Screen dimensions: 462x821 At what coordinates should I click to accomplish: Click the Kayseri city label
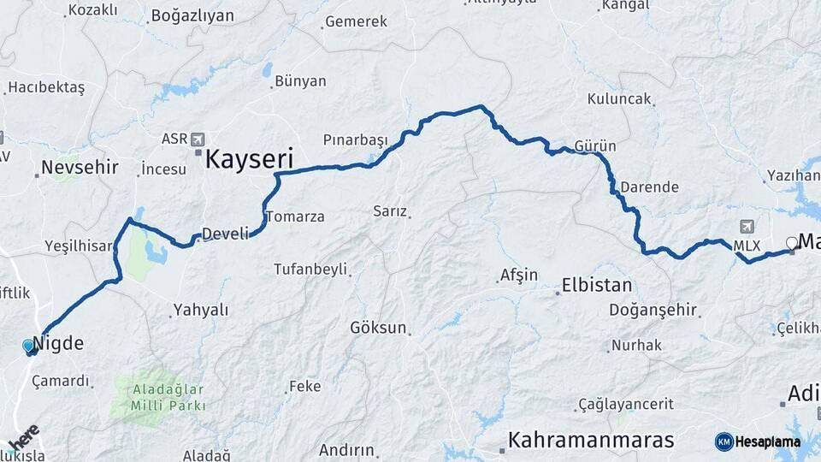point(249,158)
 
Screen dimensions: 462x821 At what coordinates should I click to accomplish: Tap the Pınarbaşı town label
point(355,139)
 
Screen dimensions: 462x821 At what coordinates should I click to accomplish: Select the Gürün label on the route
point(595,145)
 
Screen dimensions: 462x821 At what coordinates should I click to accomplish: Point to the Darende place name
point(649,187)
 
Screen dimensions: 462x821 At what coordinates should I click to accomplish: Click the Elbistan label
point(596,286)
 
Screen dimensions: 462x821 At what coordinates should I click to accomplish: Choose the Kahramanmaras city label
point(591,440)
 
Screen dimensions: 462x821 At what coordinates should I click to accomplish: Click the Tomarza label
point(295,216)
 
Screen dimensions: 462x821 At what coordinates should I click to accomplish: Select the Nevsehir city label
point(80,166)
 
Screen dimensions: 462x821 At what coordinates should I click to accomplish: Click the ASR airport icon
point(198,139)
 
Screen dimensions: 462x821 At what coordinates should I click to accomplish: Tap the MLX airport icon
point(747,227)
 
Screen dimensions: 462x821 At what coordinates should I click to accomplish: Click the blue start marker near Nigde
point(29,346)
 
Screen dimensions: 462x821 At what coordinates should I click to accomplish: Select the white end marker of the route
point(792,243)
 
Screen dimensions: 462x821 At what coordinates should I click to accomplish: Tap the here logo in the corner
point(24,435)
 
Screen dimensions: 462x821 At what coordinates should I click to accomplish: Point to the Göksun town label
point(377,328)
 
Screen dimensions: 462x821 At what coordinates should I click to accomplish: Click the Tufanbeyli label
point(310,269)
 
